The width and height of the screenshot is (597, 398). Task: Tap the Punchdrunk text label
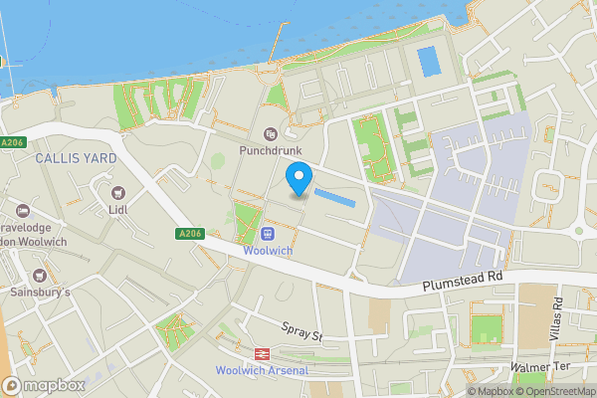tap(269, 151)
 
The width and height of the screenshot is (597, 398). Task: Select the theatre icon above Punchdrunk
tap(270, 134)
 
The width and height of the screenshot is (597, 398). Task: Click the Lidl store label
tap(118, 210)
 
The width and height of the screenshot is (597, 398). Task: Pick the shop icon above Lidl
tap(119, 192)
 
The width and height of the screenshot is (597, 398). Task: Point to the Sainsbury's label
tap(40, 293)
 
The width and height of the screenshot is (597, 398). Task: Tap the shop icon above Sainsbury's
tap(40, 275)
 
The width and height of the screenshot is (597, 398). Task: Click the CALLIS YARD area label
tap(76, 158)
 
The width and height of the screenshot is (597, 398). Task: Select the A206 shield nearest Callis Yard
tap(13, 143)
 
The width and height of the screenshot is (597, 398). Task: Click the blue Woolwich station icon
tap(268, 234)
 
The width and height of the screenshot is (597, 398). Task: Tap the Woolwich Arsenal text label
tap(262, 371)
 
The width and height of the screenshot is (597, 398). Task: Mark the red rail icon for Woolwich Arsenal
tap(262, 353)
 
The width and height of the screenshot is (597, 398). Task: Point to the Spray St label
tap(302, 331)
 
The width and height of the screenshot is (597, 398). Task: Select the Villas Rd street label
tap(557, 319)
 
